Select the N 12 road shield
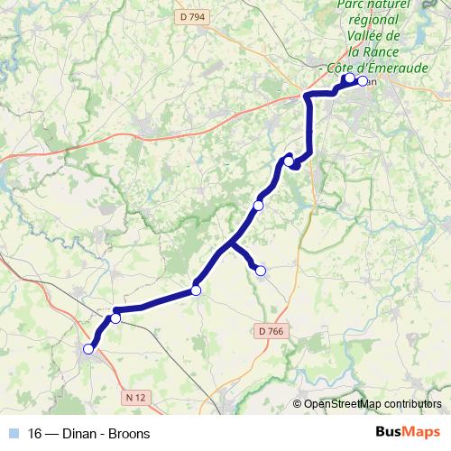(x=135, y=396)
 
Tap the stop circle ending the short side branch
(x=261, y=270)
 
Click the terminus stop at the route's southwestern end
(x=88, y=349)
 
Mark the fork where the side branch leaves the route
(x=231, y=243)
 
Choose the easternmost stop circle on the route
(x=363, y=81)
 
